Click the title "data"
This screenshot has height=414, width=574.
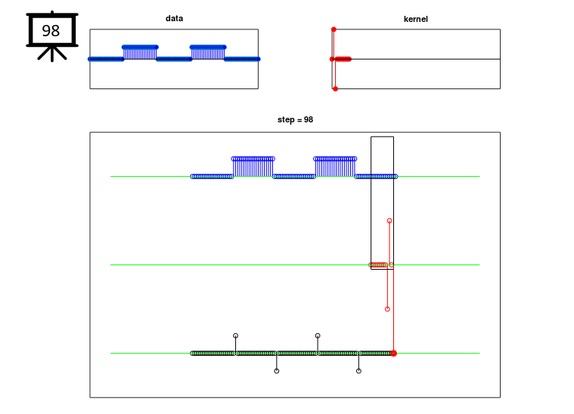coord(174,18)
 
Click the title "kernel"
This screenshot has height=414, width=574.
coord(415,19)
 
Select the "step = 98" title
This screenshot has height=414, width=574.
coord(295,119)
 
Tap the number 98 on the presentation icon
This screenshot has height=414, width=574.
coord(51,31)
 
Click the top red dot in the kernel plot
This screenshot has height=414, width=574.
coord(334,29)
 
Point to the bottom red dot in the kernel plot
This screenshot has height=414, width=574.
coord(335,89)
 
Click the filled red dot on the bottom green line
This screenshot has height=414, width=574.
coord(393,354)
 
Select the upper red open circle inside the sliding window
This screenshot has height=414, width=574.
coord(389,221)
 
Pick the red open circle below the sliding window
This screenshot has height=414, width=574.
coord(387,309)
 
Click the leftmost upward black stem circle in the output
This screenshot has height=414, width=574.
coord(236,335)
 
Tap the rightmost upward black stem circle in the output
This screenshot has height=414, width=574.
coord(318,335)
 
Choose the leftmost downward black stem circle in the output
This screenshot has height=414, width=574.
coord(277,371)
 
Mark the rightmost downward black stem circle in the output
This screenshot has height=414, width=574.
coord(358,371)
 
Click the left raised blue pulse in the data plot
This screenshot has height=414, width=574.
coord(140,53)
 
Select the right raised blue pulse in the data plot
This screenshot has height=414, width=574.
coord(208,53)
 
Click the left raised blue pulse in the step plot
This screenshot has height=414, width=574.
coord(253,167)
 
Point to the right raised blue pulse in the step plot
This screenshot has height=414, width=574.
coord(335,167)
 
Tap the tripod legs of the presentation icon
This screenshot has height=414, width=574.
coord(52,54)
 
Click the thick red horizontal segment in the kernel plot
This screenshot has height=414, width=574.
coord(343,59)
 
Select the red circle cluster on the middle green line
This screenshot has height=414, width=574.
coord(378,264)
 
